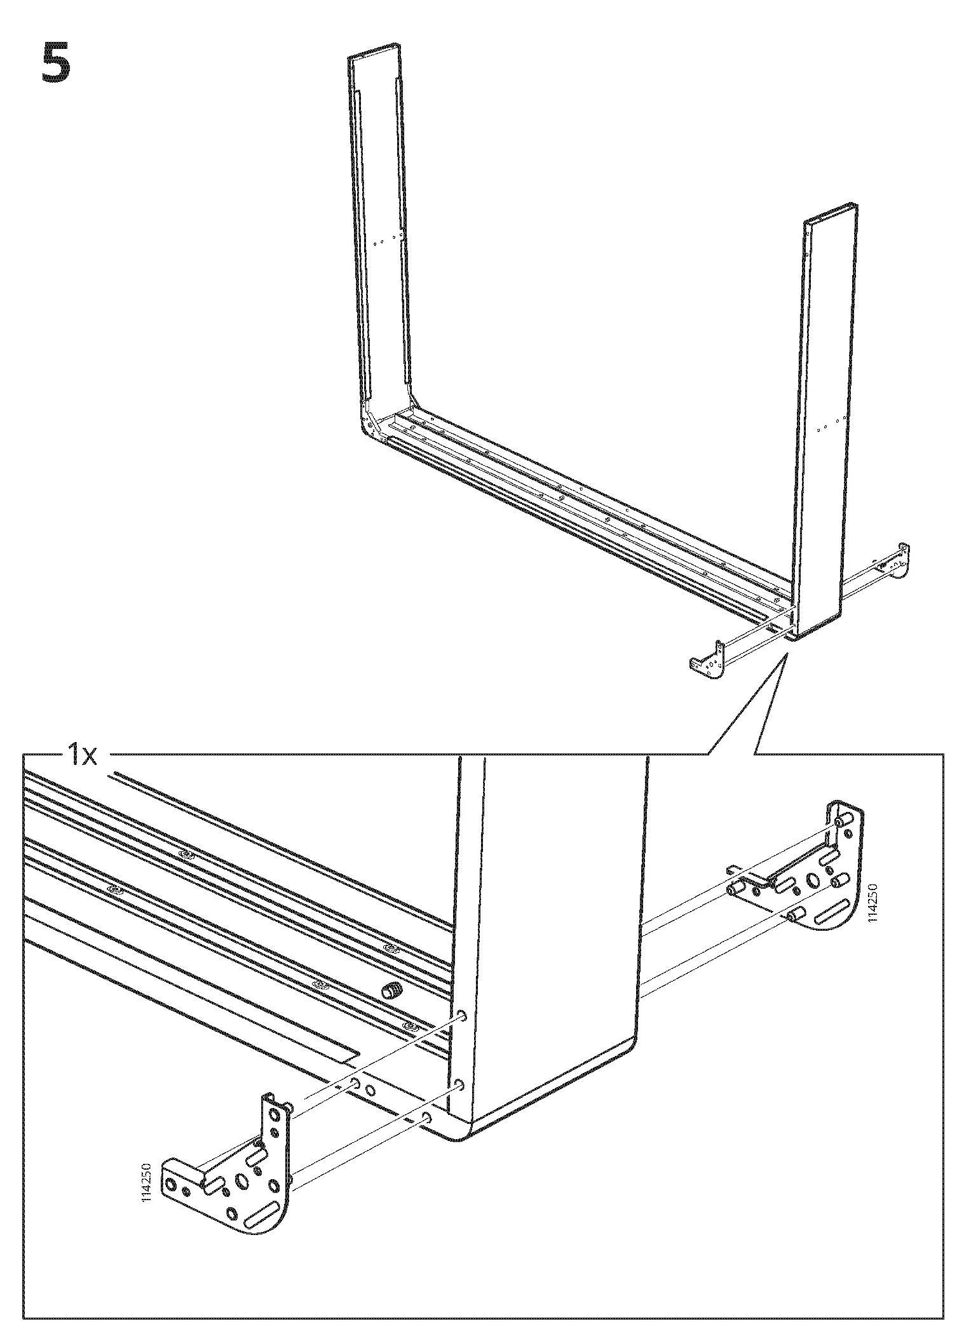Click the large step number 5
[x=55, y=63]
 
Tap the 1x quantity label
[x=82, y=756]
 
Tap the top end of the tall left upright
[x=375, y=51]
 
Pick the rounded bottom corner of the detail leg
[x=461, y=1134]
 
